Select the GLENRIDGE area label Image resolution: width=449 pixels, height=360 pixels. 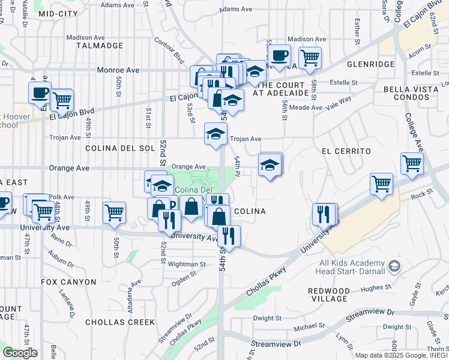pyautogui.click(x=370, y=64)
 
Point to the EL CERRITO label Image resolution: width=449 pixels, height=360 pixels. pyautogui.click(x=346, y=151)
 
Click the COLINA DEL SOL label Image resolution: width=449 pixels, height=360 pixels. pyautogui.click(x=120, y=148)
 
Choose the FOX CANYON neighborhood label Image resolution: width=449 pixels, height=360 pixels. pyautogui.click(x=68, y=281)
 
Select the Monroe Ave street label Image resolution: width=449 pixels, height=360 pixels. pyautogui.click(x=119, y=70)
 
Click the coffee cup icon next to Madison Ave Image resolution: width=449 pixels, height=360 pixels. pyautogui.click(x=279, y=56)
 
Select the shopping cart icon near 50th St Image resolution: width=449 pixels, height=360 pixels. pyautogui.click(x=113, y=212)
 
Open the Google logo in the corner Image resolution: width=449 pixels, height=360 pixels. pyautogui.click(x=20, y=353)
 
